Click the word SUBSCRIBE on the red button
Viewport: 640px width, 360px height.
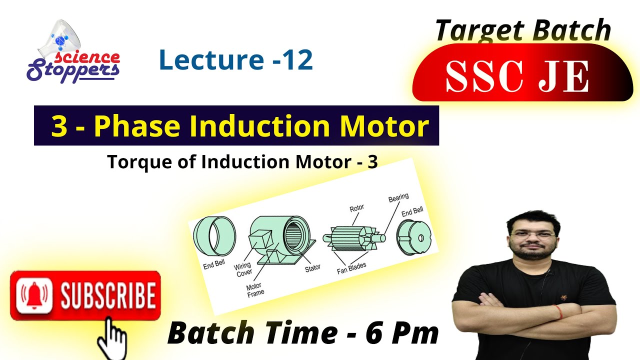click(107, 295)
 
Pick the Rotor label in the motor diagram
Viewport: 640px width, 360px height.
click(356, 207)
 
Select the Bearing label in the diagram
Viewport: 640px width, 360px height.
click(398, 198)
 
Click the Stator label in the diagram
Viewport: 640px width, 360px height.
click(312, 268)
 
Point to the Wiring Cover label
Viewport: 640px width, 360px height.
click(243, 270)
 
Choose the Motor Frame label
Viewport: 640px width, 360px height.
click(255, 290)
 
